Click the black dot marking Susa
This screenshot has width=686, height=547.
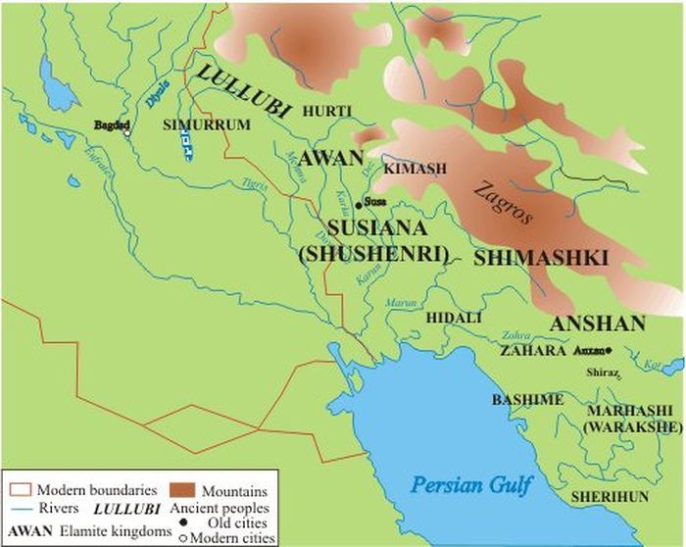(x=359, y=203)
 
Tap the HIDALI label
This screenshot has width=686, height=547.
(x=451, y=318)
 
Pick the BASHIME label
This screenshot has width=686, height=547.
(x=527, y=400)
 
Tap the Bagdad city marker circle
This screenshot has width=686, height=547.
(x=126, y=134)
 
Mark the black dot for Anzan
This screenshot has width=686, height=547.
(x=610, y=350)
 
